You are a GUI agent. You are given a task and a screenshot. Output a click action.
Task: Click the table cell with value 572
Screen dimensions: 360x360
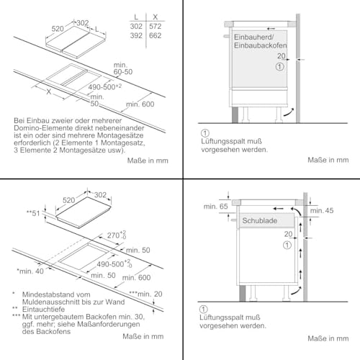pyautogui.click(x=155, y=27)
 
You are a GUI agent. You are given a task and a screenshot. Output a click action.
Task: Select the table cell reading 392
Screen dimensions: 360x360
pyautogui.click(x=136, y=35)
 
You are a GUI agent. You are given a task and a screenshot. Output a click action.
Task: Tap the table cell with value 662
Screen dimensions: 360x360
pyautogui.click(x=155, y=35)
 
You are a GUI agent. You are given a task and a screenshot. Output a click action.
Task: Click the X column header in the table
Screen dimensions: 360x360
pyautogui.click(x=156, y=17)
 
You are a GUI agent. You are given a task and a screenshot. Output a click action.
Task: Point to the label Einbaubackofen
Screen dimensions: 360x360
pyautogui.click(x=260, y=45)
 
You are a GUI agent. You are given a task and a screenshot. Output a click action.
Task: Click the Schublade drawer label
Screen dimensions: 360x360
pyautogui.click(x=259, y=220)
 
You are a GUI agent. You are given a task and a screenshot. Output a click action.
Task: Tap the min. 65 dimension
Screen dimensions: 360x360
pyautogui.click(x=215, y=207)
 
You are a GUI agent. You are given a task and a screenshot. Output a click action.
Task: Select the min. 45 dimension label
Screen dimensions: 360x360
pyautogui.click(x=322, y=211)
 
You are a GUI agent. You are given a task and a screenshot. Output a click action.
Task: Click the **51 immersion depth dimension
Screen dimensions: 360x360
pyautogui.click(x=33, y=213)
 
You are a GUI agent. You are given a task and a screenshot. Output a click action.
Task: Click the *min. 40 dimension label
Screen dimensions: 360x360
pyautogui.click(x=30, y=271)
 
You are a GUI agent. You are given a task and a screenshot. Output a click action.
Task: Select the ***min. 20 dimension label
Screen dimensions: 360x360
pyautogui.click(x=145, y=294)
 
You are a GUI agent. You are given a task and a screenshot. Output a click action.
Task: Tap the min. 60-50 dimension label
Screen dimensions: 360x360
pyautogui.click(x=123, y=68)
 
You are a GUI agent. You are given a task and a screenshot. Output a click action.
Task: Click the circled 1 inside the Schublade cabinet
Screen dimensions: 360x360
pyautogui.click(x=287, y=246)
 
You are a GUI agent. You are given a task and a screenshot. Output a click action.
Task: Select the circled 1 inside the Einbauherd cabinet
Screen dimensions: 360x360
pyautogui.click(x=279, y=66)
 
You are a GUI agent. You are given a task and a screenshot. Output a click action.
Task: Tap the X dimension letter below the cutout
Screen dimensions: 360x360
pyautogui.click(x=49, y=91)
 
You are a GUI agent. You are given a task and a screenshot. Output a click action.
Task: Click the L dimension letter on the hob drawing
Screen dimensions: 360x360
pyautogui.click(x=96, y=30)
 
